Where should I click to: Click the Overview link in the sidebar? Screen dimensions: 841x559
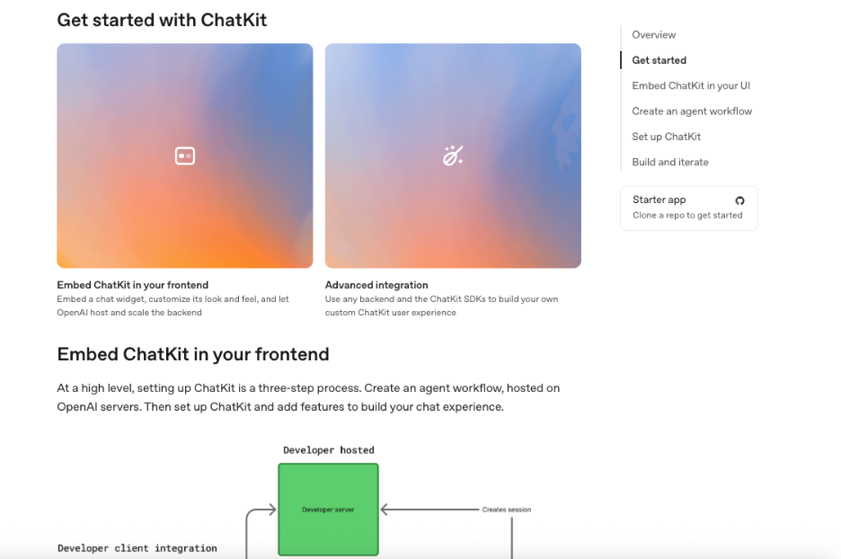click(x=653, y=35)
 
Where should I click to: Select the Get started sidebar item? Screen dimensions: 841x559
click(x=659, y=60)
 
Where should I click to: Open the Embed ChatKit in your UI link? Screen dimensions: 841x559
click(x=691, y=86)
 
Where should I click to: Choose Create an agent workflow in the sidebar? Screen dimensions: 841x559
click(x=692, y=111)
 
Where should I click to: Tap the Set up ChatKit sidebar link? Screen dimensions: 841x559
click(x=666, y=137)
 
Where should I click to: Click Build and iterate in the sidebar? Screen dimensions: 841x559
click(x=670, y=162)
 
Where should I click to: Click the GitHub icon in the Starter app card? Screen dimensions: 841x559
click(x=739, y=200)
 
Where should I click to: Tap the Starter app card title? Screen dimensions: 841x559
click(x=659, y=200)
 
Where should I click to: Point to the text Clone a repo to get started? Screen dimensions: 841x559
click(x=687, y=215)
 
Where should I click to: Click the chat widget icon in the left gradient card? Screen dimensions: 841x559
click(x=185, y=156)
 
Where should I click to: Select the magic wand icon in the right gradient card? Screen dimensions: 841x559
click(x=453, y=155)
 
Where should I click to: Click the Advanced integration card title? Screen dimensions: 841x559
click(x=376, y=285)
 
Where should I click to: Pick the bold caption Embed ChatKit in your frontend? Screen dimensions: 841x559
click(x=132, y=285)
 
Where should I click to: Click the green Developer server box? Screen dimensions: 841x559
click(x=328, y=509)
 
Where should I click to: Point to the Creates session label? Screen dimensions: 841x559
click(x=507, y=510)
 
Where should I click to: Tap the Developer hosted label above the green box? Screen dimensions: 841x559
click(x=329, y=450)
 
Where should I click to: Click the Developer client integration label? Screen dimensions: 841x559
click(x=137, y=548)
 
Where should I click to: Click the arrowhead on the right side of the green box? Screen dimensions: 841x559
click(x=384, y=510)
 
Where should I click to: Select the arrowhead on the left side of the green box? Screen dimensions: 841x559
click(x=272, y=510)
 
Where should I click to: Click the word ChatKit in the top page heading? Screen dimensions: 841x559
click(x=234, y=20)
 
